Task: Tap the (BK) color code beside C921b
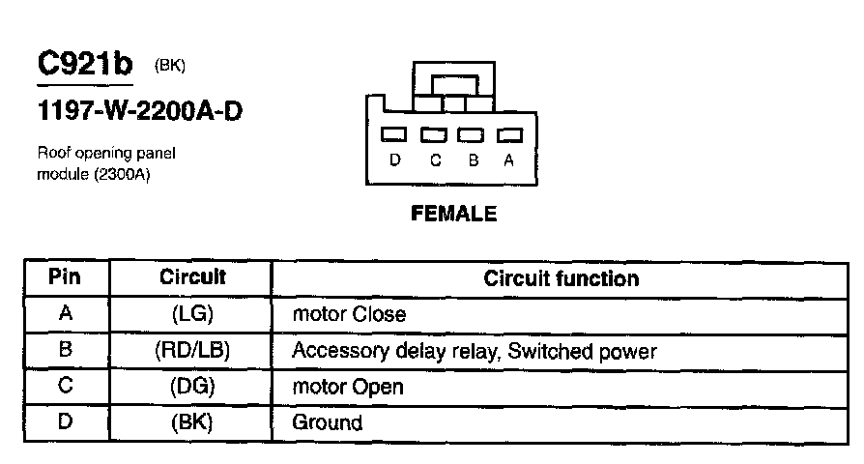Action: tap(169, 66)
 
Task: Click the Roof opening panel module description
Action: tap(106, 163)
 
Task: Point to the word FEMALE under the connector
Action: tap(454, 214)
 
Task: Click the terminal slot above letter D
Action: tap(395, 135)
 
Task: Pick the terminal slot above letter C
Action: tap(434, 135)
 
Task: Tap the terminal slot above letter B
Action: tap(471, 135)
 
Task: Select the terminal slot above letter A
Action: tap(508, 135)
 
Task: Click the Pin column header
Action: tap(65, 277)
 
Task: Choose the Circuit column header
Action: tap(192, 277)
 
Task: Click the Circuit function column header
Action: tap(561, 278)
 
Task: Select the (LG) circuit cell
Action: tap(192, 314)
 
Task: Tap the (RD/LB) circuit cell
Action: tap(192, 351)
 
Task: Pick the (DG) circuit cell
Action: tap(192, 387)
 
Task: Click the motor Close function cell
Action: tap(349, 314)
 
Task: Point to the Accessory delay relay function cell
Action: tap(474, 351)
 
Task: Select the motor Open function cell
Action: tap(348, 388)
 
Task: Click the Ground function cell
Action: tap(328, 422)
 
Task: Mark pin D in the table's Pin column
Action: tap(65, 422)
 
